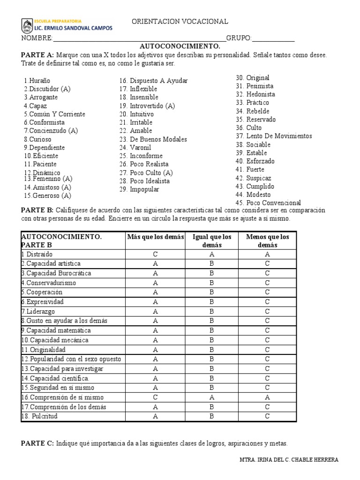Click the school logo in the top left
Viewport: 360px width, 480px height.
click(x=28, y=25)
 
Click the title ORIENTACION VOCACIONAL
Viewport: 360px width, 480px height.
click(x=180, y=22)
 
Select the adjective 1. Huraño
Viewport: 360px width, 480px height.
click(x=37, y=81)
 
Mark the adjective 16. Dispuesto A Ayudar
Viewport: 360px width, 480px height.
click(x=153, y=81)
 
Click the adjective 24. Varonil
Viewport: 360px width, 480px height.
click(x=135, y=148)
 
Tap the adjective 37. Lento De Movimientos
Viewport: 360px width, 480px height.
click(x=274, y=136)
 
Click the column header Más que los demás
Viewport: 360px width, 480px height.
click(x=156, y=237)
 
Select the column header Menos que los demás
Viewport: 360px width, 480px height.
click(x=267, y=241)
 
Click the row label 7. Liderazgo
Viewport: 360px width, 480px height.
click(x=38, y=311)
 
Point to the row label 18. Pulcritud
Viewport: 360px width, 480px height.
click(x=39, y=416)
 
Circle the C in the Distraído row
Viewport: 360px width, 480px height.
click(x=155, y=254)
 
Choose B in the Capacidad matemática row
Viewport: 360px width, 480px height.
click(x=211, y=330)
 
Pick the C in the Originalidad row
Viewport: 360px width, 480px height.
click(x=267, y=350)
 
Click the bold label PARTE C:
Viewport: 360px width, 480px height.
click(x=37, y=443)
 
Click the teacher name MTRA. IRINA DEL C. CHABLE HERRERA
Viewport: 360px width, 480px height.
click(x=288, y=460)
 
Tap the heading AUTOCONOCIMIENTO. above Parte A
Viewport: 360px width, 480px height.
click(x=180, y=46)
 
